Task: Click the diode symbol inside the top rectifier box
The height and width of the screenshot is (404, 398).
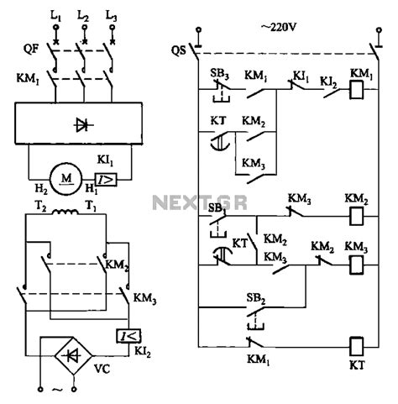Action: pos(81,125)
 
